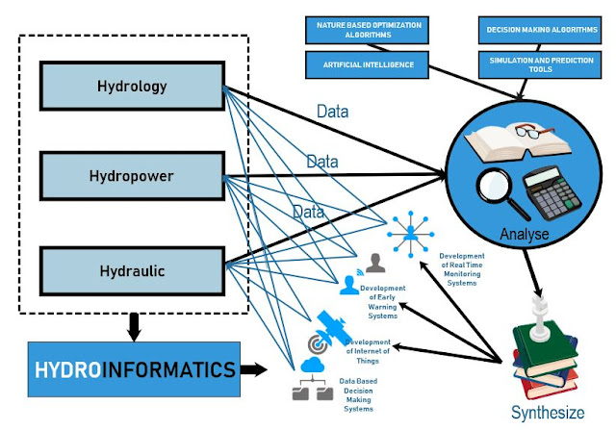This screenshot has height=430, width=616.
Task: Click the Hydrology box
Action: (x=132, y=86)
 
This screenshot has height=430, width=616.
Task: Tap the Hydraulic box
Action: (x=132, y=270)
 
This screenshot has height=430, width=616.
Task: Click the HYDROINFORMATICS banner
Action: (x=135, y=368)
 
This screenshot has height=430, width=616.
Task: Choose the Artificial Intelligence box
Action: (x=362, y=64)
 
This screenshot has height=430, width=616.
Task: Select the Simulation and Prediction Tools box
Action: (x=537, y=64)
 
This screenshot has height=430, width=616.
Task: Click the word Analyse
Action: (x=526, y=234)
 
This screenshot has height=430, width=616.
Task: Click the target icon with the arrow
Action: (x=315, y=342)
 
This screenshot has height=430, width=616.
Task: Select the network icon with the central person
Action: (x=410, y=230)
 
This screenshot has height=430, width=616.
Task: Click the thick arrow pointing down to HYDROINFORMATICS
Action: (x=135, y=328)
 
